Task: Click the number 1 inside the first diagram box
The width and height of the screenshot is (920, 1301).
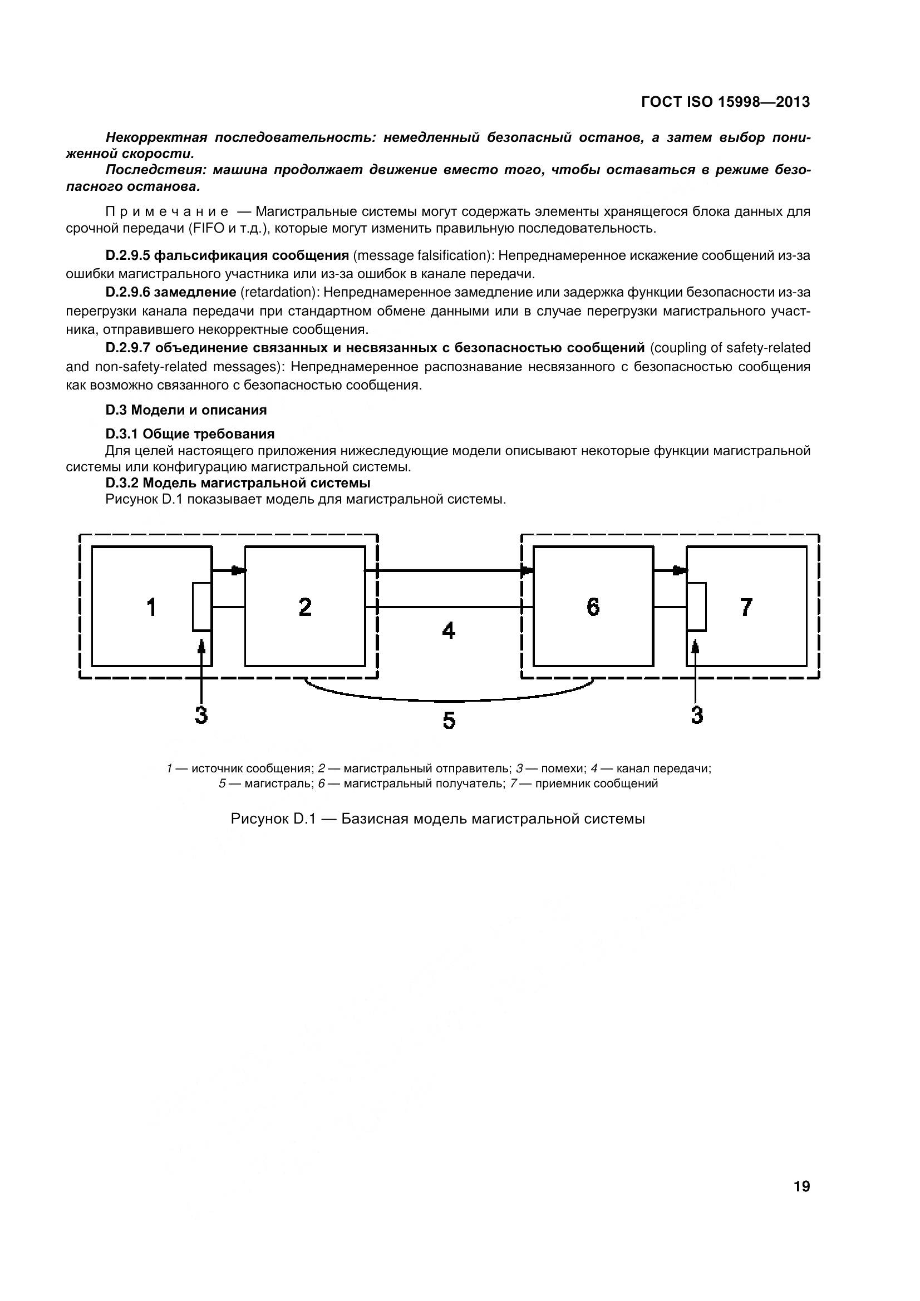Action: (x=151, y=608)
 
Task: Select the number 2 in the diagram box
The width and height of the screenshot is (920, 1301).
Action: (x=305, y=608)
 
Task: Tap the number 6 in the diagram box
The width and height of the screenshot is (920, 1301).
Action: (x=593, y=608)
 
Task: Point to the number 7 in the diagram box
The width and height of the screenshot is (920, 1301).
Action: (x=746, y=608)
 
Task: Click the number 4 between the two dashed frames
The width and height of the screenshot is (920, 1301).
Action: (x=449, y=630)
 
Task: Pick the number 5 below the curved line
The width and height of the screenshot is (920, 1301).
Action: (x=449, y=721)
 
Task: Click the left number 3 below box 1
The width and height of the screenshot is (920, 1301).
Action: (x=201, y=716)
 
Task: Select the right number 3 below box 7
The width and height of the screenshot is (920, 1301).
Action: (x=697, y=716)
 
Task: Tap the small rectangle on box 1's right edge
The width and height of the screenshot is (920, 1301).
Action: (x=202, y=607)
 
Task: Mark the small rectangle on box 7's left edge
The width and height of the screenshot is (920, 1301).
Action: (x=697, y=607)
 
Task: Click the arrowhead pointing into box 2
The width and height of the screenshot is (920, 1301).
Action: (x=239, y=570)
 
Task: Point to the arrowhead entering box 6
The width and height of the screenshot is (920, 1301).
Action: (x=528, y=570)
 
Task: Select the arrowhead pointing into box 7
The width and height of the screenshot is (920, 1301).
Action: (x=681, y=570)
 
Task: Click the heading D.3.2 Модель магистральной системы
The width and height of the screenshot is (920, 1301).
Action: (x=238, y=483)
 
